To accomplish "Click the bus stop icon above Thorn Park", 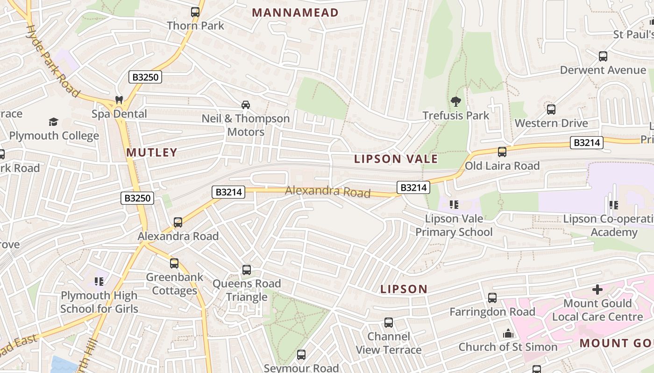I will click(195, 12).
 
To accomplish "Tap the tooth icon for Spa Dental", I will click(119, 100).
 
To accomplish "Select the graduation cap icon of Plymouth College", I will click(53, 122).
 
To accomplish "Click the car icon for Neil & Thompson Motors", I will click(246, 105).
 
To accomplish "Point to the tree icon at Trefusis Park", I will click(455, 102).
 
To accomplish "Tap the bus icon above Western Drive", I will click(551, 110).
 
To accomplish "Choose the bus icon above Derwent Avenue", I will click(603, 56).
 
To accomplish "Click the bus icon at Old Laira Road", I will click(502, 152).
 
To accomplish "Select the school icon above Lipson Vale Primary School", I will click(453, 205).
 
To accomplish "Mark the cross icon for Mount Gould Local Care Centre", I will click(597, 290).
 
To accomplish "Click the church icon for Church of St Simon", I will click(508, 333).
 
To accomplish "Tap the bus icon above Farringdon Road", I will click(492, 298).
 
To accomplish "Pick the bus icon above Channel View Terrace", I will click(389, 323).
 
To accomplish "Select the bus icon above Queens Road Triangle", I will click(247, 270).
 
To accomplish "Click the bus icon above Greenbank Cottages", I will click(174, 263).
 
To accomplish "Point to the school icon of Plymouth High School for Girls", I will click(99, 282).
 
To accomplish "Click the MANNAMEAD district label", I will click(295, 13).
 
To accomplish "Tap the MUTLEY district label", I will click(152, 152).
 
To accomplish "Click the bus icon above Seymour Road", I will click(301, 355).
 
